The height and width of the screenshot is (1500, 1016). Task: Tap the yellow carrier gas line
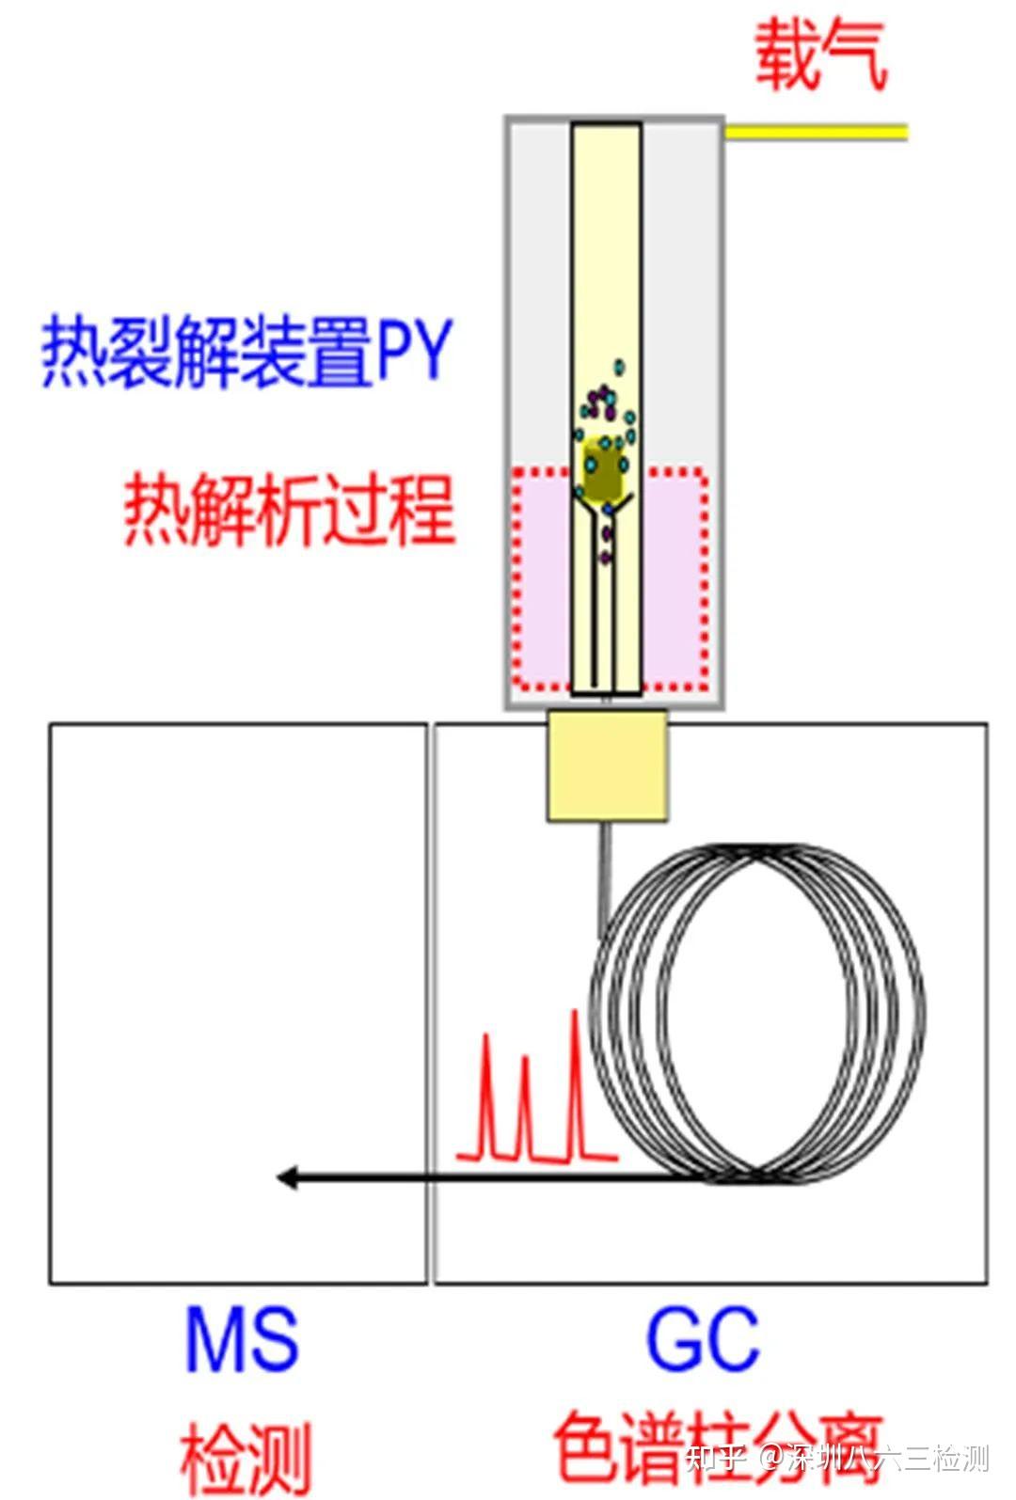(815, 131)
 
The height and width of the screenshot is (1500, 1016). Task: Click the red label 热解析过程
(290, 510)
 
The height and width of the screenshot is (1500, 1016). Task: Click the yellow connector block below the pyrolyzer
(608, 764)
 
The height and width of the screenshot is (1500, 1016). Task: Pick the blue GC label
(702, 1337)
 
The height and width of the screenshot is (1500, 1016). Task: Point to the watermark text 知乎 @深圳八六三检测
(836, 1458)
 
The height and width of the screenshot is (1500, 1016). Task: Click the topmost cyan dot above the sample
(619, 365)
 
